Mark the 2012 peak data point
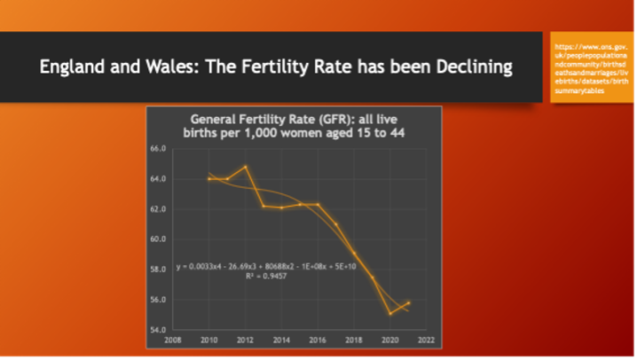coord(246,167)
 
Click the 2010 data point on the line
coord(209,179)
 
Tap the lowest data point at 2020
coord(390,313)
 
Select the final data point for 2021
coord(408,302)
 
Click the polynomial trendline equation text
coord(254,266)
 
